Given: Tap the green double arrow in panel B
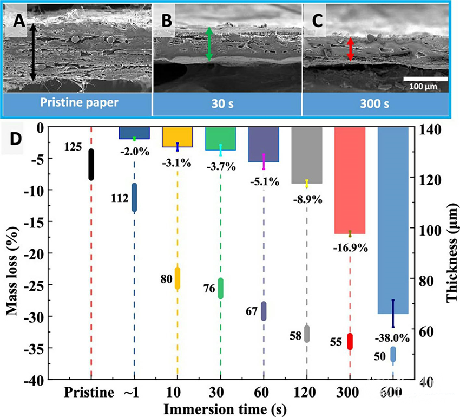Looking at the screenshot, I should point(209,44).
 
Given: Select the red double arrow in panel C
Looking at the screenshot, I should point(350,49).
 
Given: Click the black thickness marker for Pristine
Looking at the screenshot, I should point(91,164).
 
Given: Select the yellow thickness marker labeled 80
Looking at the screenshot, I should point(177,278).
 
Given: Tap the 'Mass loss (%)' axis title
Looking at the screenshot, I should point(12,252).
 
